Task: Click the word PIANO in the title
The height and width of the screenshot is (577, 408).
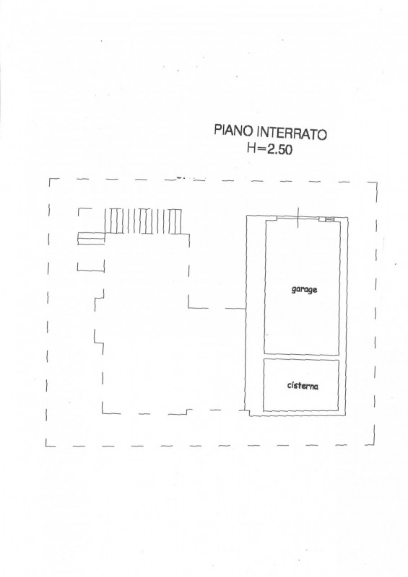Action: click(x=234, y=131)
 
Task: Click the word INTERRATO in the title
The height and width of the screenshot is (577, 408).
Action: click(x=292, y=133)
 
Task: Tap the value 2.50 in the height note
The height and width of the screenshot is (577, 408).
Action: click(x=279, y=150)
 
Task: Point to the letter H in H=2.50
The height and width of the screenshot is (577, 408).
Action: click(x=251, y=148)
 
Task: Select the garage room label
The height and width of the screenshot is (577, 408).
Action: click(x=304, y=290)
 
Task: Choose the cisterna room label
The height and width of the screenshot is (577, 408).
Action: click(x=303, y=386)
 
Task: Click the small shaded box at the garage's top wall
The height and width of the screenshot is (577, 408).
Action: click(x=326, y=219)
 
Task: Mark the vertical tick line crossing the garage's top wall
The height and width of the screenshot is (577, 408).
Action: click(x=298, y=218)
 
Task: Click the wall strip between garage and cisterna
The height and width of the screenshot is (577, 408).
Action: click(x=301, y=357)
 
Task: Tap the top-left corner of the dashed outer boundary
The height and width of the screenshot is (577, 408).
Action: click(x=49, y=179)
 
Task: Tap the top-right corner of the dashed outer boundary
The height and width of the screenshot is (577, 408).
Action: click(x=377, y=182)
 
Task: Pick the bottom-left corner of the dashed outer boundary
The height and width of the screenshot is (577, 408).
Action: click(x=46, y=446)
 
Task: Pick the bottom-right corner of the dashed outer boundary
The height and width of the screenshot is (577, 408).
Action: click(x=374, y=445)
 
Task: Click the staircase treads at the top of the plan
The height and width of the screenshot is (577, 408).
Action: click(x=144, y=221)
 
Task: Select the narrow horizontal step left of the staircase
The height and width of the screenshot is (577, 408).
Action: click(x=92, y=239)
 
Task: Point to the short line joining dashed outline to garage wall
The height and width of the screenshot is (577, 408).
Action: click(x=235, y=309)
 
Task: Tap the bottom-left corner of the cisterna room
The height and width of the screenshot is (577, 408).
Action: click(x=263, y=410)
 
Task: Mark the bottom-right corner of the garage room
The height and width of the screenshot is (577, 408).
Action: click(x=339, y=355)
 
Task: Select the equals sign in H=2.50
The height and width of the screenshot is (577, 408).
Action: click(x=261, y=149)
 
